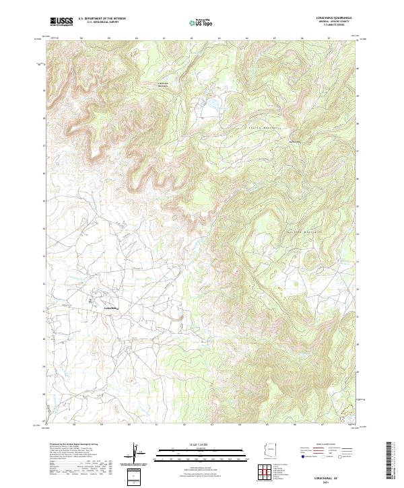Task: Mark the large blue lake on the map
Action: pos(212,105)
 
